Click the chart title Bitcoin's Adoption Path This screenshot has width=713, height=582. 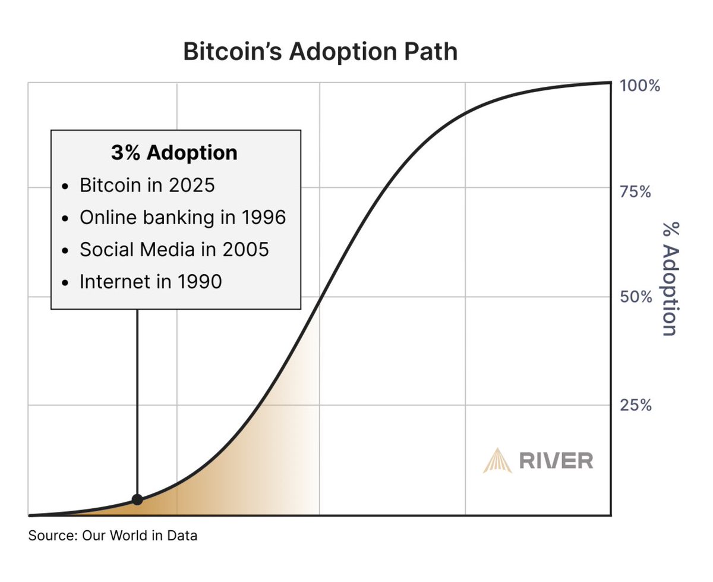(x=320, y=51)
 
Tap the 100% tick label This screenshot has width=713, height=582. (x=640, y=86)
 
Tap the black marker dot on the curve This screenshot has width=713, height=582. (x=137, y=499)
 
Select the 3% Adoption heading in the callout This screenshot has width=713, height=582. (x=174, y=153)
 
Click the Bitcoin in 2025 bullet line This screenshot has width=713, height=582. (x=147, y=185)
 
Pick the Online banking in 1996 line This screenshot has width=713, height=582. (x=182, y=217)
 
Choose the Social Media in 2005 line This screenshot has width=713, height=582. (x=174, y=249)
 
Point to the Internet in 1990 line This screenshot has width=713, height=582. (x=150, y=281)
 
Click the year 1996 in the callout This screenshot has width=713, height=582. (x=263, y=217)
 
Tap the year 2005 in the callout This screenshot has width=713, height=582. (x=246, y=249)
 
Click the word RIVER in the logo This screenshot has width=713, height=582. (x=556, y=461)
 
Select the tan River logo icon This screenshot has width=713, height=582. (x=497, y=461)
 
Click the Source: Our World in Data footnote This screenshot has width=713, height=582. (x=113, y=536)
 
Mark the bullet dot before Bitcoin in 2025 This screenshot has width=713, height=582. (x=66, y=186)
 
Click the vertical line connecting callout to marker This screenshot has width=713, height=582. (x=137, y=404)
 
